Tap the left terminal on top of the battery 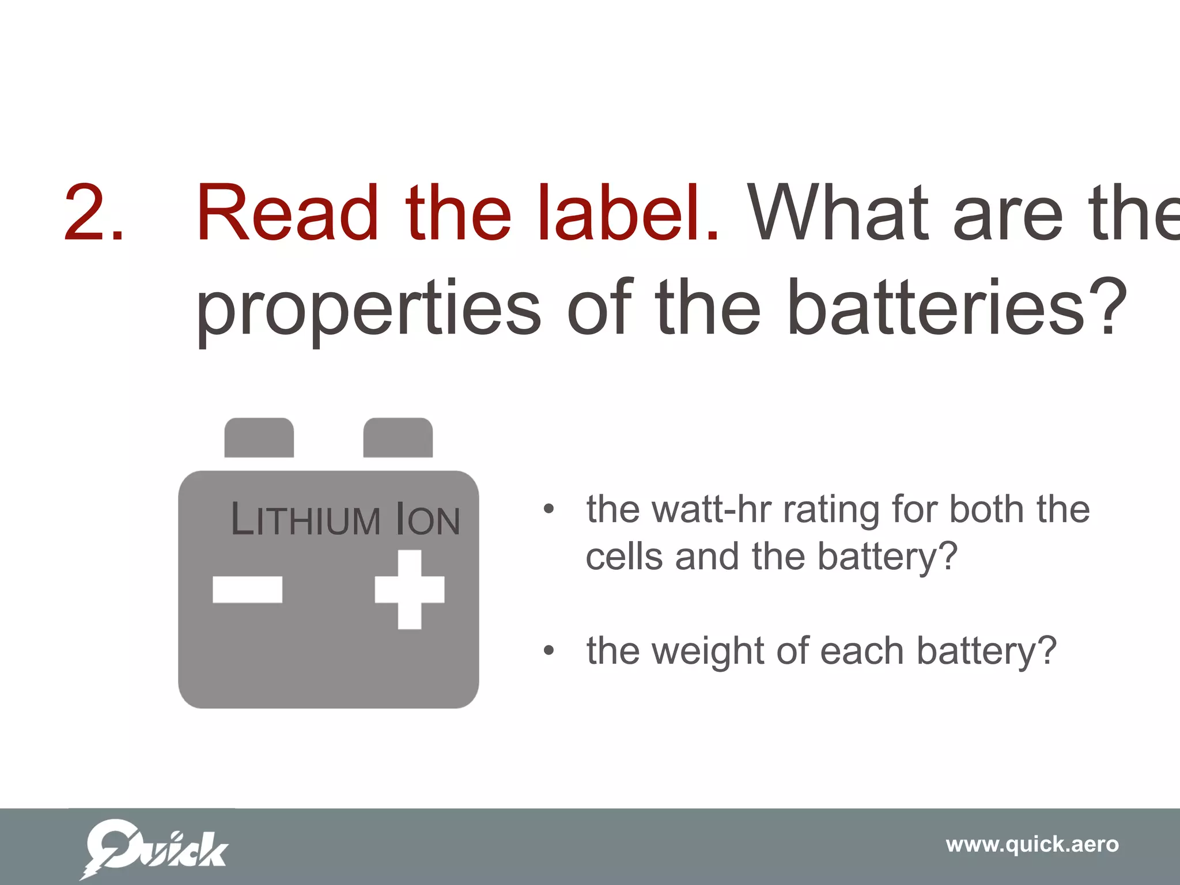(x=259, y=438)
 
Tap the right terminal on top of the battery (x=398, y=438)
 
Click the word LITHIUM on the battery (x=305, y=519)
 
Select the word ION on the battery (x=429, y=520)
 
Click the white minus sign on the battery (x=247, y=589)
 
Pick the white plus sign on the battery (x=410, y=589)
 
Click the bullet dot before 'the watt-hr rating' (x=549, y=509)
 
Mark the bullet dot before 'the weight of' (x=549, y=650)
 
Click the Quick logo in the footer (x=154, y=849)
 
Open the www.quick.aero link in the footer (x=1032, y=845)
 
